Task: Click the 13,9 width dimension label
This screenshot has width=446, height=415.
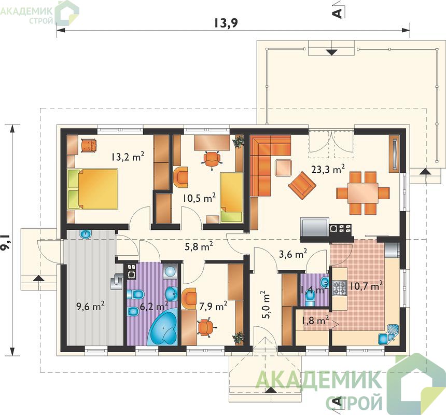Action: (226, 23)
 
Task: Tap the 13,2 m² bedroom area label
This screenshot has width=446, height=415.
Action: (128, 157)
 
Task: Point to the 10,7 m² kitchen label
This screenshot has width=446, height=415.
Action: (366, 286)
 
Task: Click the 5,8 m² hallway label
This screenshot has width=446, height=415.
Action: (199, 247)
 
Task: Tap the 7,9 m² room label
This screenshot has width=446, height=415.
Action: (213, 306)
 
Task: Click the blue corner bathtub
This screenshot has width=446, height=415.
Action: (163, 328)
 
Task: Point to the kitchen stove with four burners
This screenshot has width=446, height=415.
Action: (339, 288)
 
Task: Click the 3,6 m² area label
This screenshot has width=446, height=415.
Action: (292, 254)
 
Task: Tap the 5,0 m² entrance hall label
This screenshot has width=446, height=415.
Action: (266, 305)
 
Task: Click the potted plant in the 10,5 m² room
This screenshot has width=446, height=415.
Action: (239, 142)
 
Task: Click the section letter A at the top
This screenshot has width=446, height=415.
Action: (337, 13)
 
